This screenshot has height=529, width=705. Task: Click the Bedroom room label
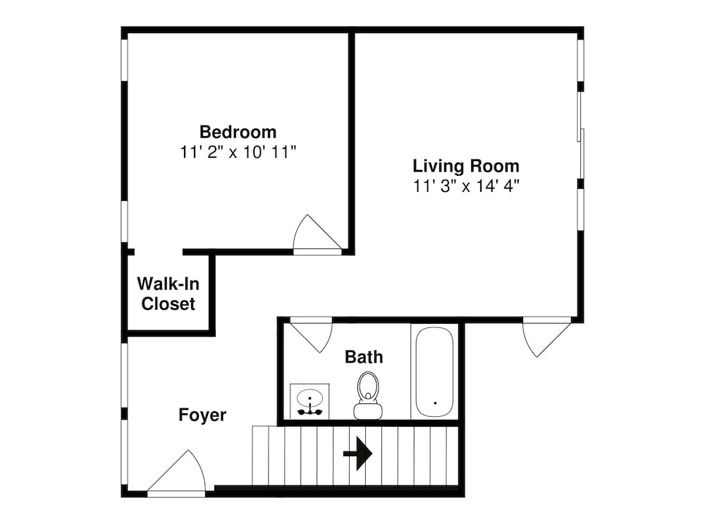click(238, 132)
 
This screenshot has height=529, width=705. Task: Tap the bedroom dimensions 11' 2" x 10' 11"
click(238, 152)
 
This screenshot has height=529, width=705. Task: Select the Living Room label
click(466, 166)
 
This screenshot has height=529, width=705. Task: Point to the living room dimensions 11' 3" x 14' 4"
click(466, 186)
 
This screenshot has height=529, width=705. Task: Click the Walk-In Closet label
click(168, 293)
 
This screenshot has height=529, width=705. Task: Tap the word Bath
click(364, 357)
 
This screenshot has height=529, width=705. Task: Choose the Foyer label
click(202, 415)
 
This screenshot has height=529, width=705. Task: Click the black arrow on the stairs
click(358, 454)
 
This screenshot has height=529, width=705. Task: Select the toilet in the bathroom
click(368, 396)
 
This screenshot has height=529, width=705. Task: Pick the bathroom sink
click(309, 401)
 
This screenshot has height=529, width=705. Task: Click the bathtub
click(434, 372)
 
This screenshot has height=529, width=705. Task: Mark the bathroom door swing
click(311, 334)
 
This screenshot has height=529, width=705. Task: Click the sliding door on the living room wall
click(581, 135)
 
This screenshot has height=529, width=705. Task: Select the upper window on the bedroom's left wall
click(125, 60)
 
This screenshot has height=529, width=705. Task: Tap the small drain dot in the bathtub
click(435, 403)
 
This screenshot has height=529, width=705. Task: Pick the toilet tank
click(368, 411)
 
